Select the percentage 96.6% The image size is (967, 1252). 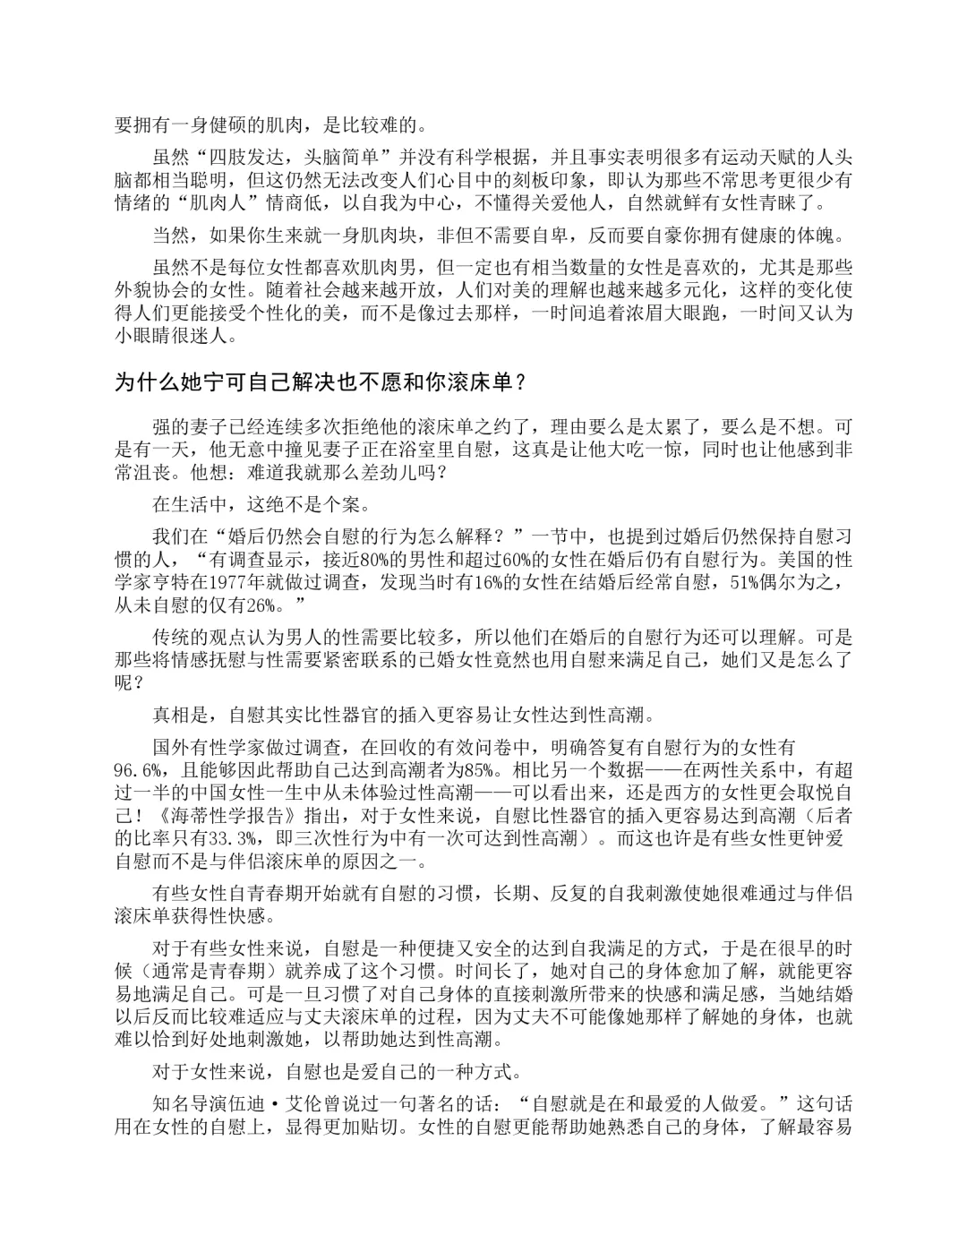(138, 771)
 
